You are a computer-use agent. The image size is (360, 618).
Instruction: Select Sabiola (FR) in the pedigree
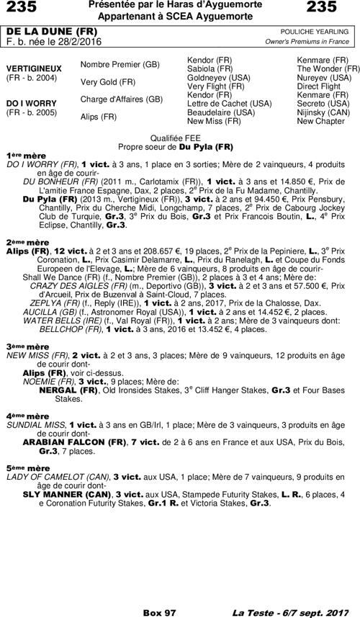click(x=210, y=68)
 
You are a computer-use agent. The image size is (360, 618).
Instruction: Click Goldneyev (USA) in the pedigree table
click(x=218, y=77)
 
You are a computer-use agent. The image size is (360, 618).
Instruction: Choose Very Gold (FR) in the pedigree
click(x=108, y=82)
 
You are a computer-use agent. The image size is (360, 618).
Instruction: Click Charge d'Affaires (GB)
click(x=121, y=99)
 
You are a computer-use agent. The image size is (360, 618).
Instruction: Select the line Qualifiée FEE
click(x=180, y=136)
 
